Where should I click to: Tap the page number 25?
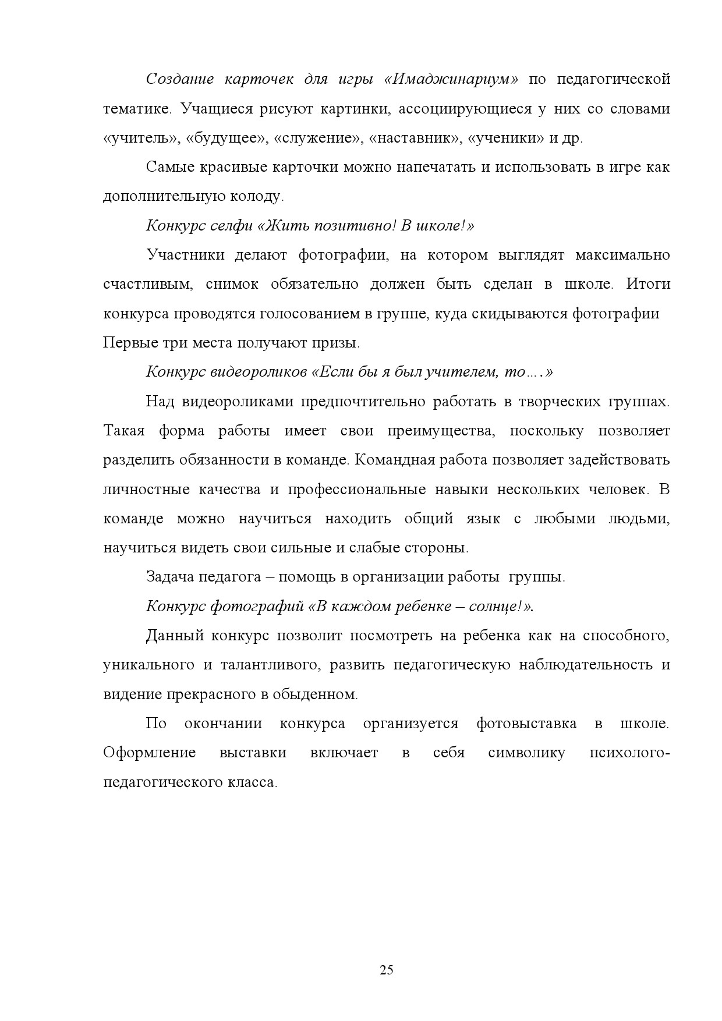tap(386, 970)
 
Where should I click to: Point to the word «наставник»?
tap(413, 139)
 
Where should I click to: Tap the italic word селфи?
tap(231, 226)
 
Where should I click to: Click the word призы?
tap(339, 343)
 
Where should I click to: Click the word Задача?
tap(170, 577)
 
